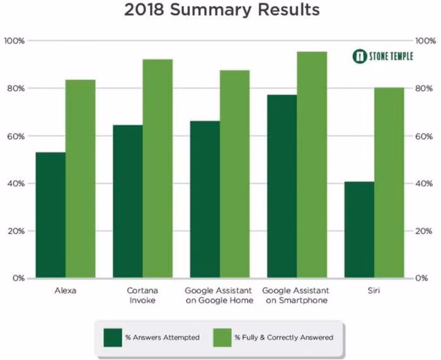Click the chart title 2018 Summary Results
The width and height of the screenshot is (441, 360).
tap(221, 10)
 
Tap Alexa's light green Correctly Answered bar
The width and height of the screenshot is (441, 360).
tap(80, 179)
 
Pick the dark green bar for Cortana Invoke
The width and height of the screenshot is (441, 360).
tap(128, 201)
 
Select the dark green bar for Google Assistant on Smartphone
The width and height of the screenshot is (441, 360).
tap(282, 186)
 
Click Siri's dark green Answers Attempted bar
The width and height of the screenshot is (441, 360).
tap(359, 230)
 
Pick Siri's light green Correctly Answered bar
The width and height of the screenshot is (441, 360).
tap(389, 183)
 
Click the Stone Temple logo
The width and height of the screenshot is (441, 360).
tap(382, 57)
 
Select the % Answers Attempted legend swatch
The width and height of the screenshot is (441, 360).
tap(112, 337)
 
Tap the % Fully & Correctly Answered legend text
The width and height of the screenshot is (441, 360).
tap(283, 338)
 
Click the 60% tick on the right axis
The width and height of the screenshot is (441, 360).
tap(423, 136)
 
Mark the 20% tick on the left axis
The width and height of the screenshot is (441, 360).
tap(15, 231)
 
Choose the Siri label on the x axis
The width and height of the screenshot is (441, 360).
tap(374, 291)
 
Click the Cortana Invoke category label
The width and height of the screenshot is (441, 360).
tap(142, 295)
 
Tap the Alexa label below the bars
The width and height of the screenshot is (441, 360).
tap(66, 291)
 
